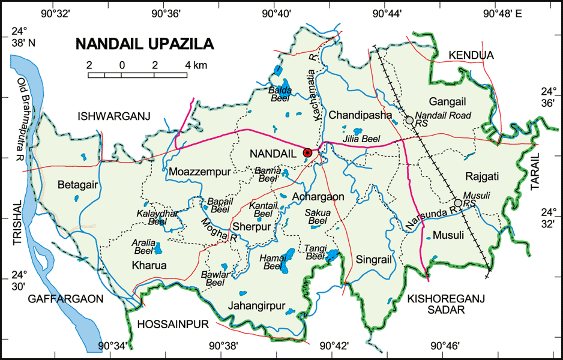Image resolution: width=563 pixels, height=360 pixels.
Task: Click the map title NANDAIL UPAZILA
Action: [x=145, y=44]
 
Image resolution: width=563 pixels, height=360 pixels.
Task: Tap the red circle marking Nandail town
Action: [x=308, y=153]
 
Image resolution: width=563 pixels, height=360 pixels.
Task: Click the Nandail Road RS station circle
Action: [x=409, y=121]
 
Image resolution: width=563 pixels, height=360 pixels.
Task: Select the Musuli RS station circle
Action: [x=458, y=203]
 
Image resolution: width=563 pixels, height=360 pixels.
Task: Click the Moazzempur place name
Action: [x=199, y=172]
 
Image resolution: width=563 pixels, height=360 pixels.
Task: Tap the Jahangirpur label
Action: [x=256, y=305]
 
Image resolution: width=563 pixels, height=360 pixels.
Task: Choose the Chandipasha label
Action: [x=360, y=115]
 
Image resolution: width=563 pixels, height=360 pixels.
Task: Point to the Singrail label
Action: [x=373, y=260]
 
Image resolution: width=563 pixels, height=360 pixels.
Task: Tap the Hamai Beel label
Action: [x=272, y=262]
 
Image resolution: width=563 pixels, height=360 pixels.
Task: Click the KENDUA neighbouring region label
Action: [x=471, y=55]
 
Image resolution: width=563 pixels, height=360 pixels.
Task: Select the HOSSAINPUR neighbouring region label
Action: [x=172, y=325]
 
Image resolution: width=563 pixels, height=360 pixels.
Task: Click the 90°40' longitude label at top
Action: [x=276, y=12]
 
